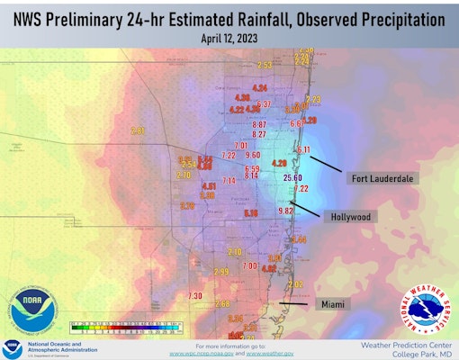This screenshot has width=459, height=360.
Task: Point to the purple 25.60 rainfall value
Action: tap(292, 178)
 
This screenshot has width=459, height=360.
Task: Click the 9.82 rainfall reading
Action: tap(286, 210)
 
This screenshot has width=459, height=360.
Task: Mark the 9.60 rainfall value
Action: tap(252, 155)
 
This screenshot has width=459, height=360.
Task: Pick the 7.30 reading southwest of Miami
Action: tap(194, 296)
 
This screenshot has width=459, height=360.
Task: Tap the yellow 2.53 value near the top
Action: tap(265, 65)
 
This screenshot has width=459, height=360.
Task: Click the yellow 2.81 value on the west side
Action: tap(137, 130)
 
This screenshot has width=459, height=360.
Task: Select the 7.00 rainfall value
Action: tap(249, 265)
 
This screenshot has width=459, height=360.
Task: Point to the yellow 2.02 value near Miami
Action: tap(294, 284)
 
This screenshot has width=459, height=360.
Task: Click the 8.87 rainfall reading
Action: tap(259, 124)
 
